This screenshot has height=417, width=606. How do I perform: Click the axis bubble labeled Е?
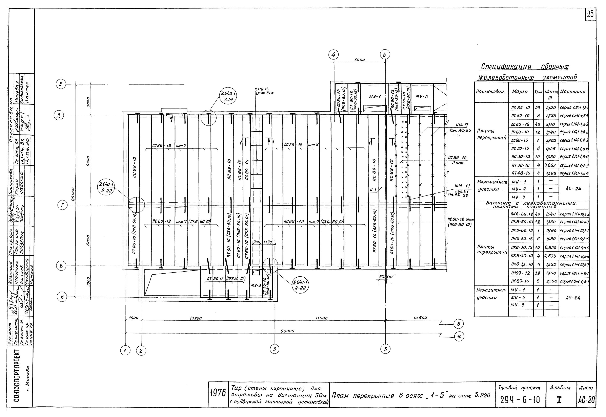pyautogui.click(x=61, y=84)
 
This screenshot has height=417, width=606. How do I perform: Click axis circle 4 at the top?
pyautogui.click(x=334, y=55)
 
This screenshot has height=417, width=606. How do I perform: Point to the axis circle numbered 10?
pyautogui.click(x=460, y=337)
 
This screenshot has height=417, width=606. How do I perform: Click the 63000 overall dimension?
pyautogui.click(x=287, y=331)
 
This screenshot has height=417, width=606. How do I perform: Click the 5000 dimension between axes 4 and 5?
pyautogui.click(x=360, y=60)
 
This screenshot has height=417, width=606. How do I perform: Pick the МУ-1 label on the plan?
pyautogui.click(x=375, y=96)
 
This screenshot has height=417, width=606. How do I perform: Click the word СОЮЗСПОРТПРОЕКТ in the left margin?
pyautogui.click(x=22, y=379)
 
